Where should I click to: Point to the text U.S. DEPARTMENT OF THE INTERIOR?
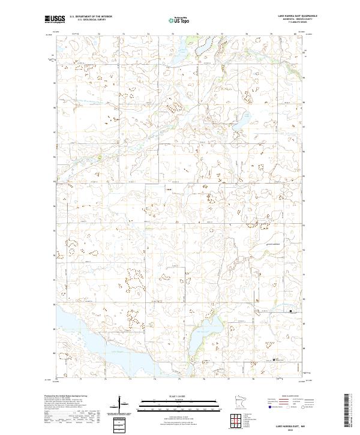click(91, 17)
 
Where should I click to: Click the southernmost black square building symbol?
click(275, 359)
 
